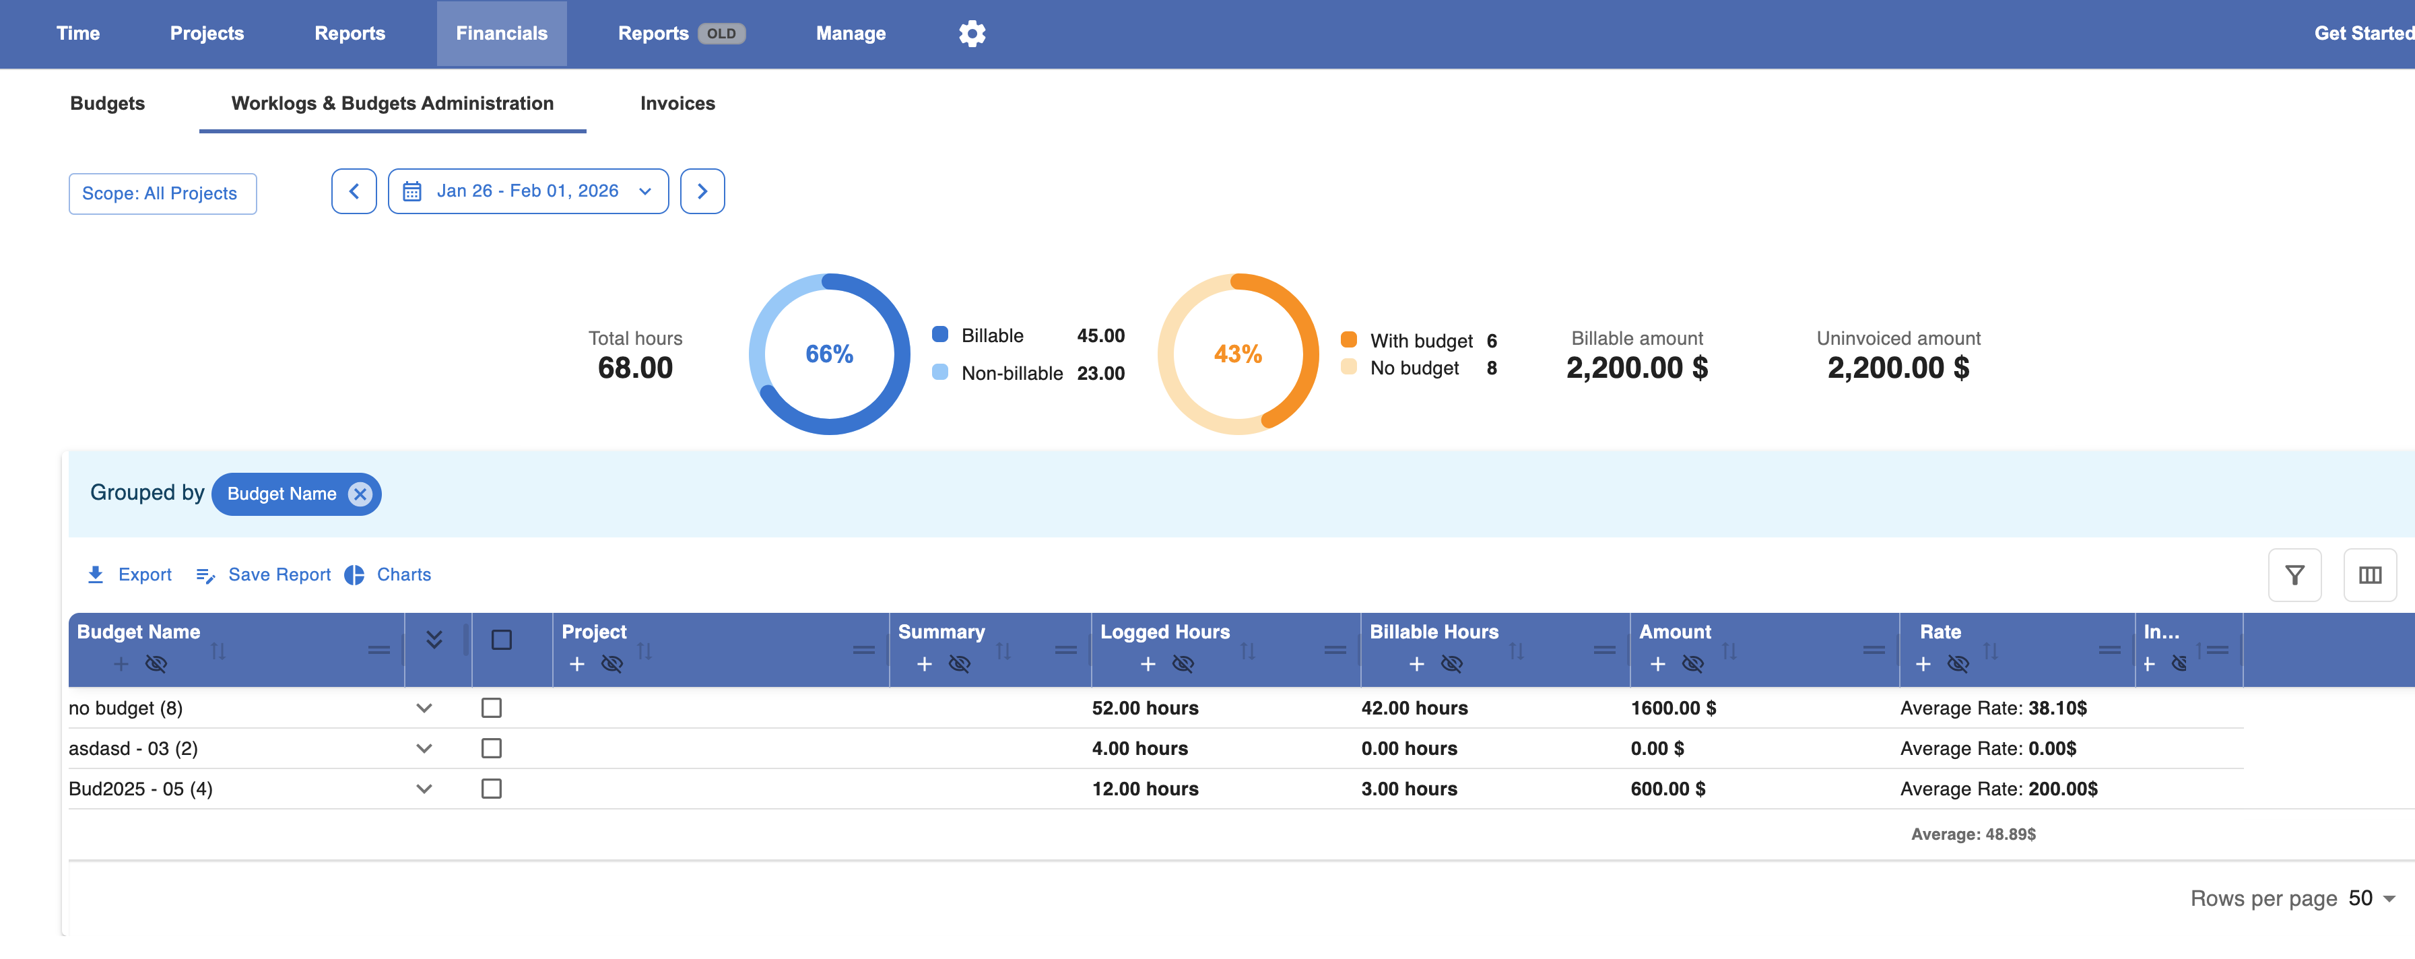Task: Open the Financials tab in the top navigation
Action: pos(502,34)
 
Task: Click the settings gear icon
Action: pos(972,34)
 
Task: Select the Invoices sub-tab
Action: pos(677,103)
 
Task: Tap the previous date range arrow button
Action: pos(354,191)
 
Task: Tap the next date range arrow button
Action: pos(702,191)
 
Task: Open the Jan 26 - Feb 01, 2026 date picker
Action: pos(528,191)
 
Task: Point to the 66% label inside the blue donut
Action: pos(829,354)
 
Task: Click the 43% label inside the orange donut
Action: pos(1238,354)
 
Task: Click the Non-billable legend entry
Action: pos(1012,373)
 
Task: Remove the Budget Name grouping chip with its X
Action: pos(360,494)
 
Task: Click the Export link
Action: pos(129,574)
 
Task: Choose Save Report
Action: pos(263,574)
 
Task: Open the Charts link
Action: pos(388,574)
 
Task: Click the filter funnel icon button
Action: pos(2294,574)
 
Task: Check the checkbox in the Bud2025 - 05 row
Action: pos(491,789)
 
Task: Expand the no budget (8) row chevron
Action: pos(424,708)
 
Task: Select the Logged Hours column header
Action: pos(1164,632)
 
